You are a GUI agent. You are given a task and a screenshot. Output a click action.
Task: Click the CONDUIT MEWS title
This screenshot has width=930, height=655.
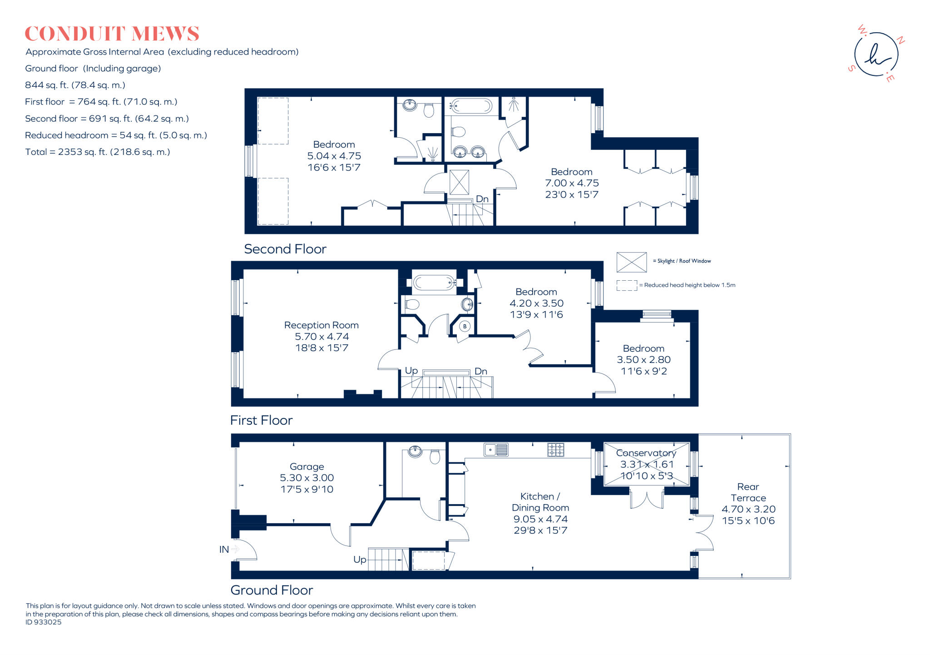click(x=112, y=34)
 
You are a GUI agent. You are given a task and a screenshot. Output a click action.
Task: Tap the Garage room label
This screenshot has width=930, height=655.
click(x=307, y=466)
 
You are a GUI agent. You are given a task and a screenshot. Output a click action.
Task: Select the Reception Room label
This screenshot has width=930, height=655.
click(x=321, y=325)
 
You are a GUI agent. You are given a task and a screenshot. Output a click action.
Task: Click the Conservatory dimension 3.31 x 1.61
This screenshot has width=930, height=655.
click(x=647, y=464)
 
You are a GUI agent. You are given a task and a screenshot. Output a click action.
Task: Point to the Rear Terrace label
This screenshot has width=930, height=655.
click(x=748, y=492)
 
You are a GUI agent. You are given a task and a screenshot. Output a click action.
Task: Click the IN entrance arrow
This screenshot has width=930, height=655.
click(x=235, y=549)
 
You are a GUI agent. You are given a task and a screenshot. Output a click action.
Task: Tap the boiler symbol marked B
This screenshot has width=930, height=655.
click(x=465, y=326)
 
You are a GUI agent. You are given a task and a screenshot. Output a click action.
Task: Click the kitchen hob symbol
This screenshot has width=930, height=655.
click(x=555, y=450)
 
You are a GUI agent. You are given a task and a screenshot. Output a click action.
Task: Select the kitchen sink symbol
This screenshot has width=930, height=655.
click(x=496, y=450)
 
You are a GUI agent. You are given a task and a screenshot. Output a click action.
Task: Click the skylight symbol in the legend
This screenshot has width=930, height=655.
click(x=631, y=262)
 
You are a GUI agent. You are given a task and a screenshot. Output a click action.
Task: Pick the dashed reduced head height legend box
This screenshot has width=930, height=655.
click(x=627, y=285)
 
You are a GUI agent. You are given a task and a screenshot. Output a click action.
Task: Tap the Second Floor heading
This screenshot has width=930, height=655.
click(x=285, y=249)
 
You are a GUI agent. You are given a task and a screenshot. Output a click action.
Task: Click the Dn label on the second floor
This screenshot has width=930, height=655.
click(x=482, y=199)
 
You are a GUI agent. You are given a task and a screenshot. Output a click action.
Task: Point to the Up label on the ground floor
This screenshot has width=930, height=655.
click(x=360, y=560)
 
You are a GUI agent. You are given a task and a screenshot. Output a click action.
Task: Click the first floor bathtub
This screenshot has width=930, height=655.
click(x=434, y=283)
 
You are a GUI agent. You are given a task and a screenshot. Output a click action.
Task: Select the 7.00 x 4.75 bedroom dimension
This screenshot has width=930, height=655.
click(x=572, y=183)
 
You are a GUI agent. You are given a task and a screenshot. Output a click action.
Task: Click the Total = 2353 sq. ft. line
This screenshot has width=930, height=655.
click(x=98, y=152)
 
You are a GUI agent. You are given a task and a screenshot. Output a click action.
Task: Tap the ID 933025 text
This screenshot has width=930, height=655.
click(x=44, y=622)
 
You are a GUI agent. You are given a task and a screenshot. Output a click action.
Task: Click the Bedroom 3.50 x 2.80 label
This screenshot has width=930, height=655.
click(x=643, y=348)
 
